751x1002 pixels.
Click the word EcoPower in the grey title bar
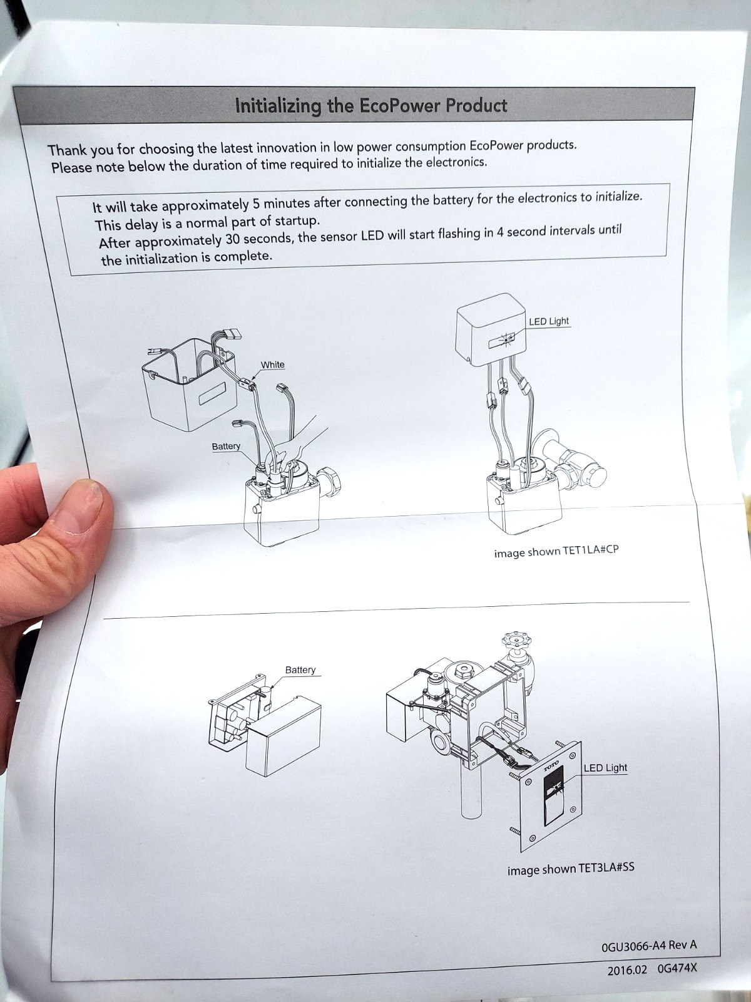click(x=400, y=106)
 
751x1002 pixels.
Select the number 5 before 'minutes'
click(x=256, y=203)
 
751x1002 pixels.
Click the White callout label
click(x=273, y=364)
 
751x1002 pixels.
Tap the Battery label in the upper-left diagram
click(x=226, y=446)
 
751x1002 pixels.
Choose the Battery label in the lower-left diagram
click(x=300, y=669)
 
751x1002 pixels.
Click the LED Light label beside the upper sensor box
click(x=549, y=321)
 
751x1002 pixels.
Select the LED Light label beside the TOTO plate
click(x=606, y=768)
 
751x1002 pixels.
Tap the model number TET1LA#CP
click(x=591, y=550)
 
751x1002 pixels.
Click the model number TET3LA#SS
click(x=606, y=867)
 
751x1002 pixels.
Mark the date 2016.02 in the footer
click(x=627, y=968)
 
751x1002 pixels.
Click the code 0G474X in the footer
click(x=677, y=967)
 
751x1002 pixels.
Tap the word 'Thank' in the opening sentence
click(x=67, y=150)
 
